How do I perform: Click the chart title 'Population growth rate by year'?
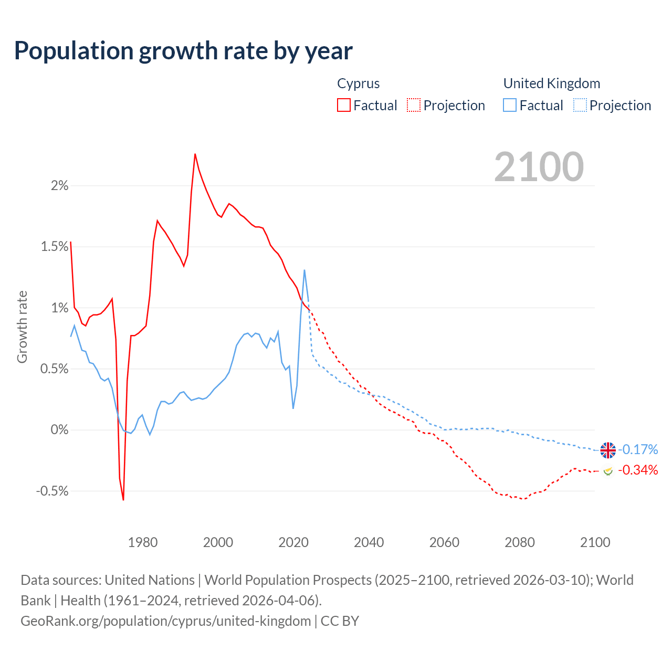tap(183, 51)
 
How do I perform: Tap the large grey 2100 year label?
tap(539, 167)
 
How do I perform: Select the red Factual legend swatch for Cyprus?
tap(344, 106)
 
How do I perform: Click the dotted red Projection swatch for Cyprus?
tap(414, 106)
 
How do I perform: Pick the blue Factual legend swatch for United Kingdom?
tap(510, 106)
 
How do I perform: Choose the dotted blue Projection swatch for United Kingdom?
tap(580, 106)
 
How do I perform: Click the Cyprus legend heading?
tap(358, 83)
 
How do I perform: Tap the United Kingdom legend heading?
tap(551, 83)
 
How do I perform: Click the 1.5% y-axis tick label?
tap(55, 247)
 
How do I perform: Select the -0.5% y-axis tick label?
tap(52, 491)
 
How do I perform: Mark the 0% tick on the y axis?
tap(59, 430)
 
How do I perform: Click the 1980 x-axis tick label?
tap(143, 542)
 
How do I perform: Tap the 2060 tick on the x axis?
tap(444, 542)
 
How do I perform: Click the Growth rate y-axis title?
tap(22, 327)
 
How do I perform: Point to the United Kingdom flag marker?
tap(608, 450)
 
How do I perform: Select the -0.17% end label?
tap(638, 450)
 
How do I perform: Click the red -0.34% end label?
tap(638, 470)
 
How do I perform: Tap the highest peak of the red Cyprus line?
tap(195, 154)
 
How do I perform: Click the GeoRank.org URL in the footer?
tap(165, 621)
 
